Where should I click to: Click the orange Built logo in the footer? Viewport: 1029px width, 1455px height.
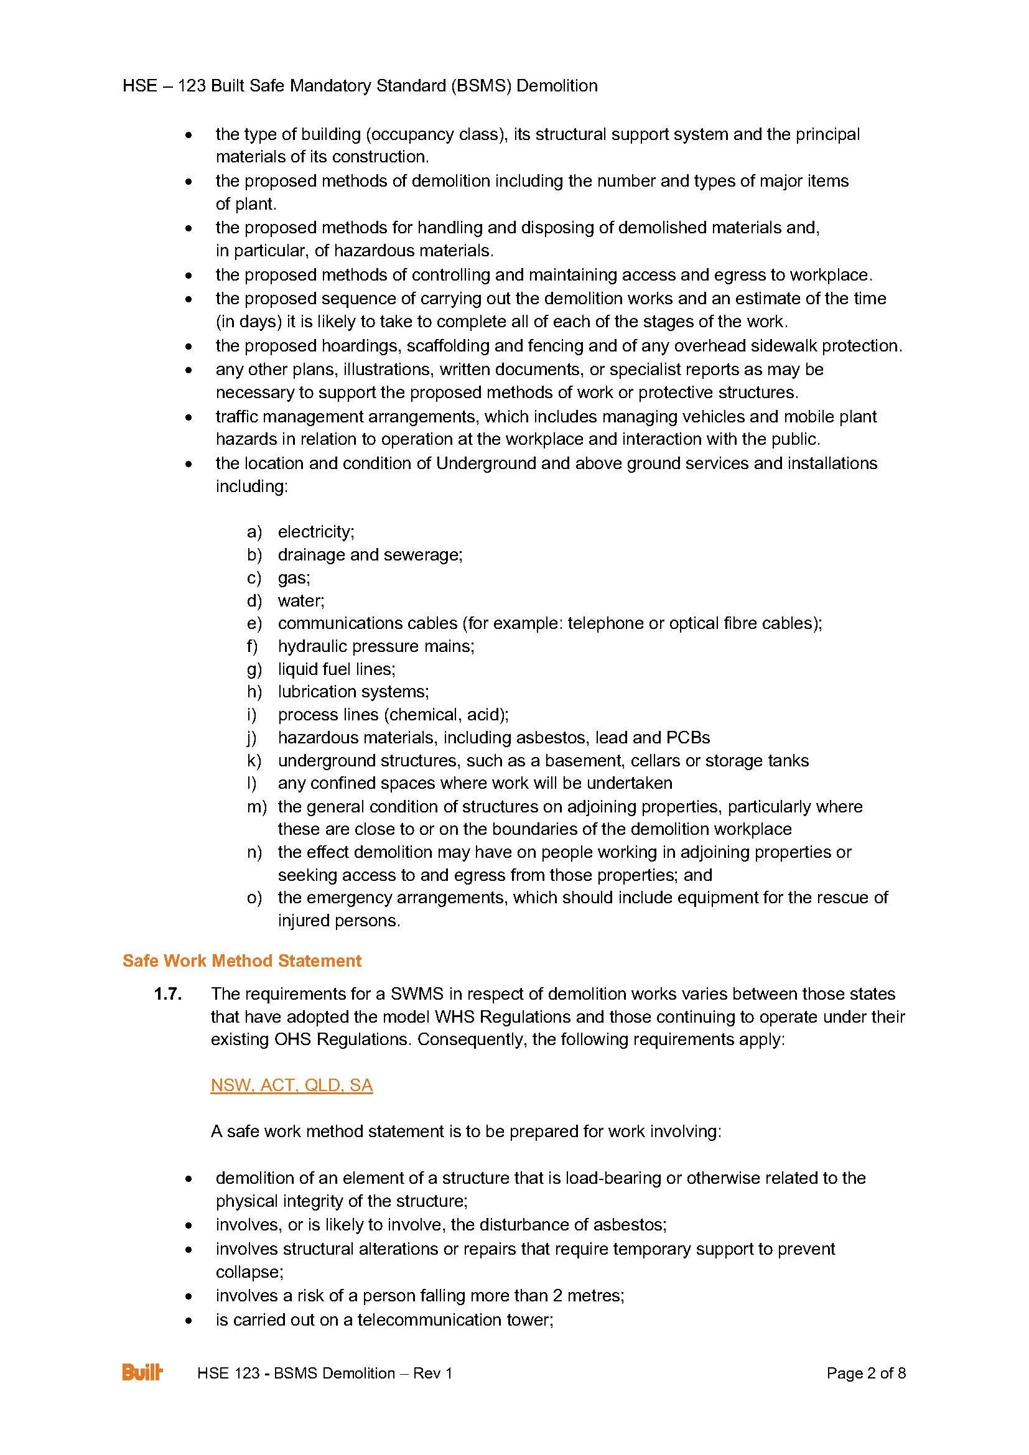[x=142, y=1373]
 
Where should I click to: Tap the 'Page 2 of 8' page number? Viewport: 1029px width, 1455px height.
[x=865, y=1374]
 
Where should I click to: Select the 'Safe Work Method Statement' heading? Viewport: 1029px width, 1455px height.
[x=242, y=960]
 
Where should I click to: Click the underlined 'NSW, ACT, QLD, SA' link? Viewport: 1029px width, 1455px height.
[x=291, y=1085]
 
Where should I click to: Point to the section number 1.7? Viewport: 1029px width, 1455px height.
[x=168, y=994]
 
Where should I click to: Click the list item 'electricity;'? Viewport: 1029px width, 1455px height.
[x=316, y=531]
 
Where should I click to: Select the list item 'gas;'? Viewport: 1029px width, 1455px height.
[x=294, y=577]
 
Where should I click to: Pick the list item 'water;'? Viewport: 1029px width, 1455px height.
[x=301, y=600]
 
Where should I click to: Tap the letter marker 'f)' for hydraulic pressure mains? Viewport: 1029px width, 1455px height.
[x=254, y=646]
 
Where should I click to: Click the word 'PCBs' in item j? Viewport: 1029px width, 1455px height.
[x=688, y=738]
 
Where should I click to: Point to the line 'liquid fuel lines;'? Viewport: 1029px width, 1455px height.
[x=337, y=669]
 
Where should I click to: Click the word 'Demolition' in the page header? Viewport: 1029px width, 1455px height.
[x=557, y=86]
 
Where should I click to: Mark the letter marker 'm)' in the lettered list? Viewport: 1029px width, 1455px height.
[x=256, y=807]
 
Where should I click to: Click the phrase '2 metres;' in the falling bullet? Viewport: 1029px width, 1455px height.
[x=587, y=1296]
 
